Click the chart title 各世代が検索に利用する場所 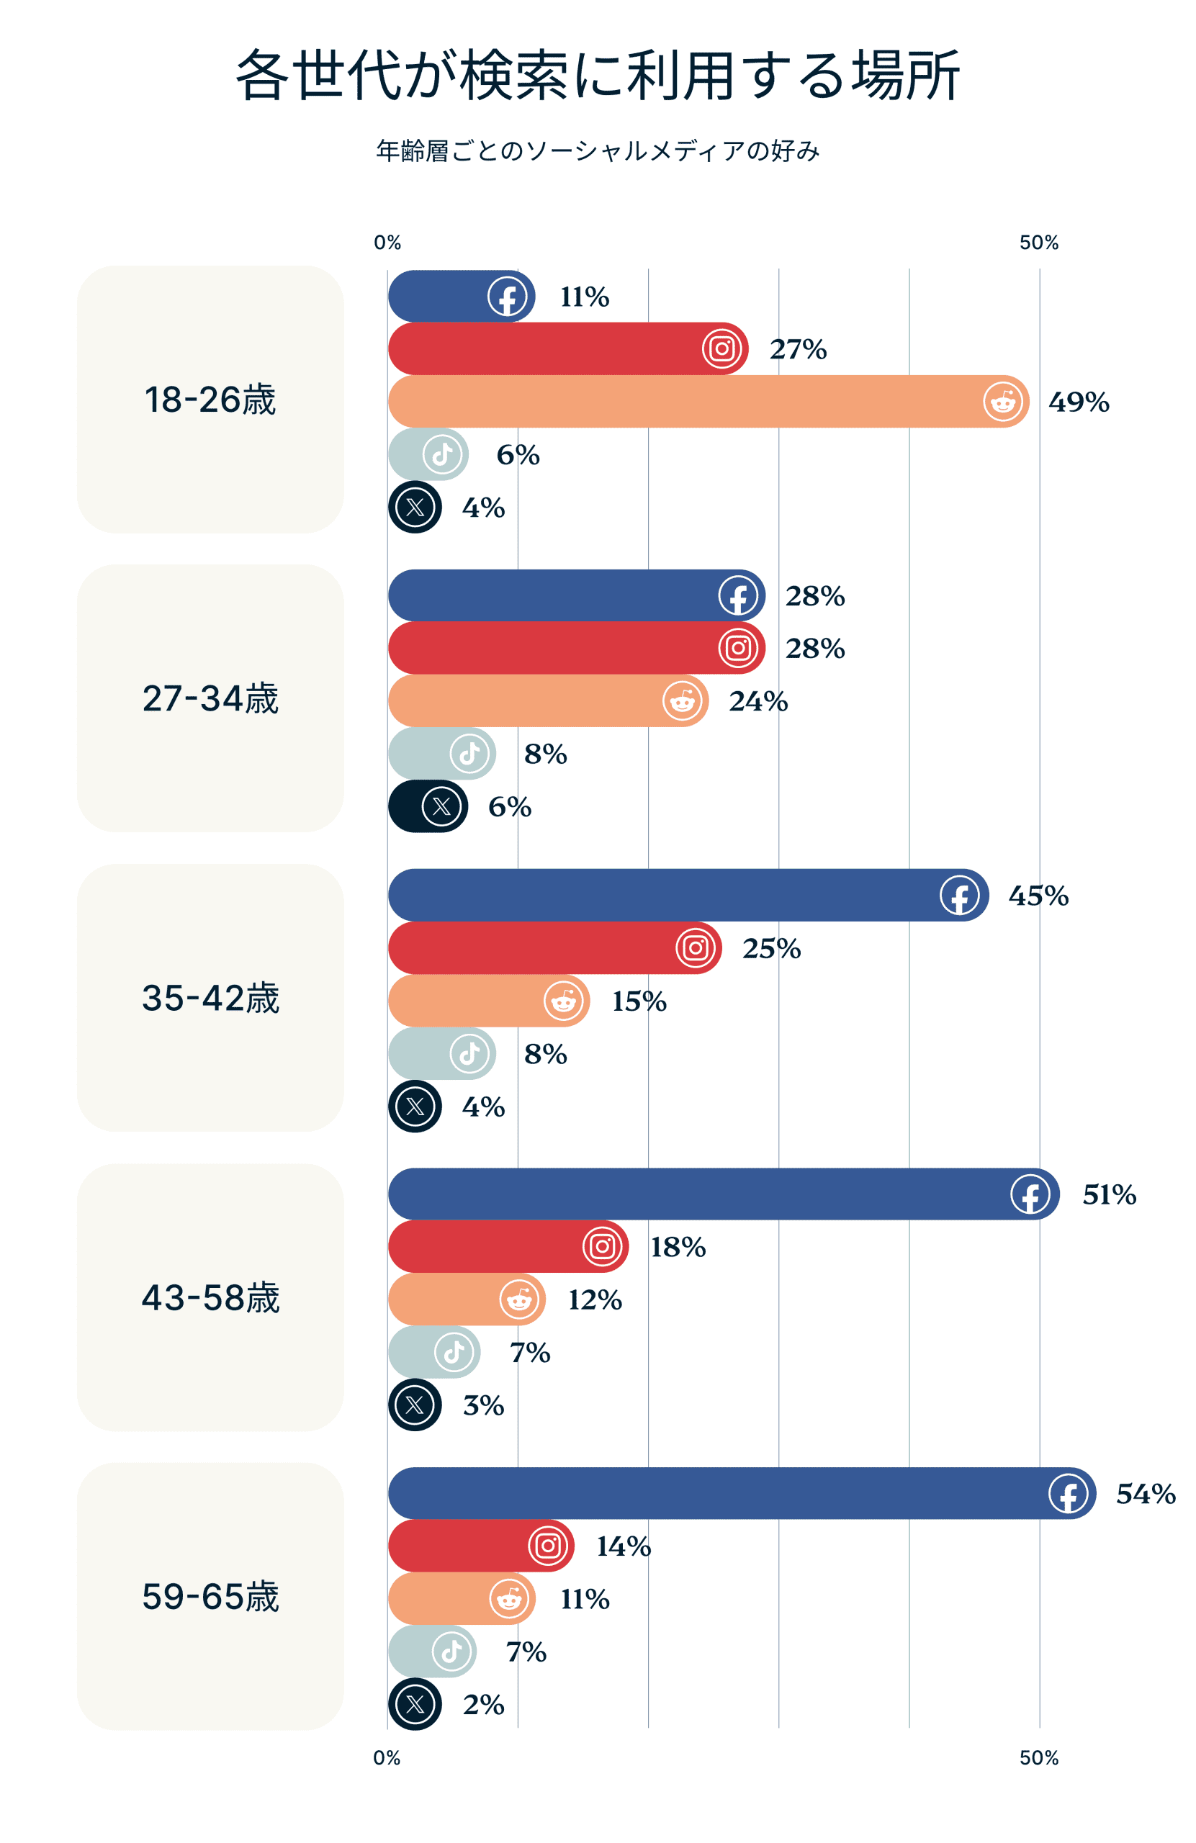(597, 75)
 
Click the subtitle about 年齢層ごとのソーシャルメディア (597, 150)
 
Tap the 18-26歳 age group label (210, 400)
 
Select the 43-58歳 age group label (210, 1298)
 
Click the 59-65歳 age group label (210, 1597)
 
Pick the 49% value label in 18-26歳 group (1078, 402)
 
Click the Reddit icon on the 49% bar (1002, 402)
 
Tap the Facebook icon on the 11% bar (507, 297)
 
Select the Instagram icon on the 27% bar (721, 349)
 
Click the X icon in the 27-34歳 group (441, 807)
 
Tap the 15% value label (638, 1001)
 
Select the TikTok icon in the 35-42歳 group (469, 1054)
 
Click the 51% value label (1108, 1195)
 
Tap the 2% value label (483, 1704)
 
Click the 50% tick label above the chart (1038, 243)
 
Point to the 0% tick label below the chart (387, 1758)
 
